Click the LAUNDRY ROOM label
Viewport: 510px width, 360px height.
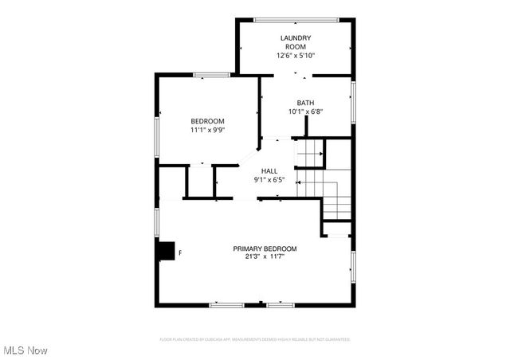(x=295, y=42)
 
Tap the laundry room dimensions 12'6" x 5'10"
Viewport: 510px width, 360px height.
(x=296, y=56)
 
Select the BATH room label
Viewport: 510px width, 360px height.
(x=305, y=103)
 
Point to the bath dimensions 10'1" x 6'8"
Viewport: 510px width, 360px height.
(x=305, y=112)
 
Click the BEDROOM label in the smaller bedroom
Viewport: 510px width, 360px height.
(x=207, y=121)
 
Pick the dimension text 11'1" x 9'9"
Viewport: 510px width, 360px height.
(x=207, y=130)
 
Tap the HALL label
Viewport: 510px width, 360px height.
(x=269, y=171)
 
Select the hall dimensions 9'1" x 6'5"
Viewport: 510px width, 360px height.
(x=269, y=180)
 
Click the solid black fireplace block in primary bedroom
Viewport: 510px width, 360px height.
(x=166, y=251)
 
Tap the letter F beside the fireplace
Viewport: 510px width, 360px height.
(x=179, y=253)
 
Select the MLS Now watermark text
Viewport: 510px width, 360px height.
(x=25, y=350)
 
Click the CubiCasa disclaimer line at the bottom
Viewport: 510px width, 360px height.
(x=255, y=339)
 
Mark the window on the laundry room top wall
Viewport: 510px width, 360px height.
(x=296, y=20)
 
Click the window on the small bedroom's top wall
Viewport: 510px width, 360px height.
(x=211, y=76)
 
